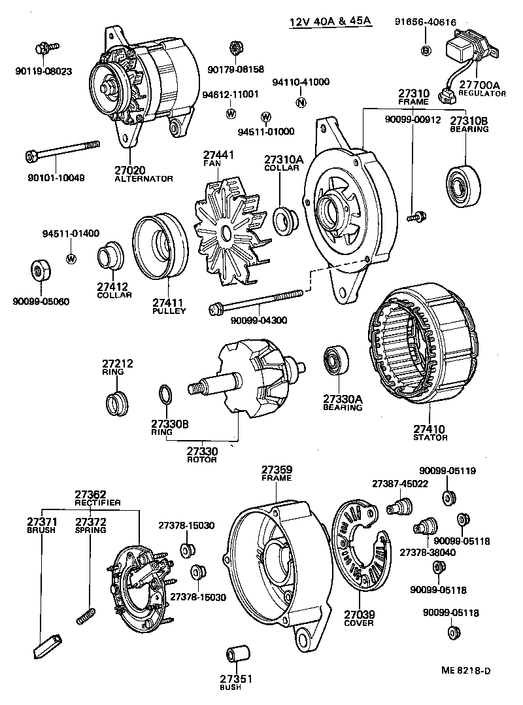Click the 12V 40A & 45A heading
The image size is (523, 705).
[x=331, y=22]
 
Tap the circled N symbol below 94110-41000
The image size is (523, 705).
[x=300, y=102]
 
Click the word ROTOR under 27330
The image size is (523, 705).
[x=202, y=460]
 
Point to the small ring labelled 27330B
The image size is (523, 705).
[x=166, y=395]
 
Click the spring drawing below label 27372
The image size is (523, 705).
[x=86, y=615]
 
